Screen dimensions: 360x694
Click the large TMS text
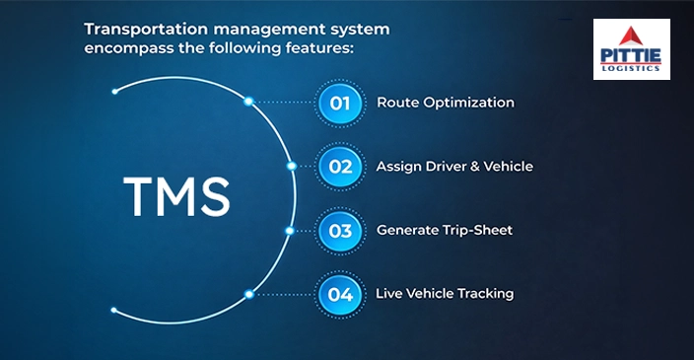pyautogui.click(x=176, y=197)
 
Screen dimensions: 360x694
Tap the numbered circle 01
pyautogui.click(x=340, y=103)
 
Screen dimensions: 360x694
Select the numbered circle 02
pyautogui.click(x=340, y=167)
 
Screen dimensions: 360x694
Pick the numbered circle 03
pyautogui.click(x=340, y=231)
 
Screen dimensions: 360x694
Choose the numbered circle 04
pyautogui.click(x=340, y=294)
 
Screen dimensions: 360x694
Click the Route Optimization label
pyautogui.click(x=445, y=103)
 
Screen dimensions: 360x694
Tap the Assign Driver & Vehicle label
pyautogui.click(x=454, y=167)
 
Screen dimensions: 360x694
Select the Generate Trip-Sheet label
pyautogui.click(x=444, y=231)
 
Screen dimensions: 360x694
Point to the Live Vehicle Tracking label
pyautogui.click(x=445, y=294)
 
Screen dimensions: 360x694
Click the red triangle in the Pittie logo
pyautogui.click(x=631, y=36)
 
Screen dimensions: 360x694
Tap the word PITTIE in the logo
pyautogui.click(x=631, y=57)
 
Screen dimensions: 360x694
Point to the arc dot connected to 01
pyautogui.click(x=248, y=102)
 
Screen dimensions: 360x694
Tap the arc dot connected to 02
pyautogui.click(x=290, y=167)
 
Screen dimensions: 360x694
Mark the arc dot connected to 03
pyautogui.click(x=289, y=231)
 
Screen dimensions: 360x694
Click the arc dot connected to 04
pyautogui.click(x=247, y=294)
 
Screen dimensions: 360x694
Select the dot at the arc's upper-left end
pyautogui.click(x=115, y=91)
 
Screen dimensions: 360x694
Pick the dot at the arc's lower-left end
pyautogui.click(x=114, y=310)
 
